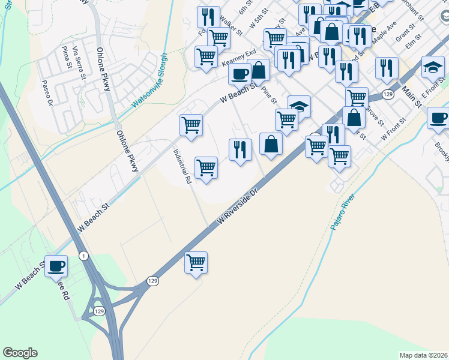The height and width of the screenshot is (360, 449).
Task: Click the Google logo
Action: coord(20,353)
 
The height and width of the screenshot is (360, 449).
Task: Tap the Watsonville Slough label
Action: coord(150,81)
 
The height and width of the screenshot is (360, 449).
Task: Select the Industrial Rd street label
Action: coord(182,166)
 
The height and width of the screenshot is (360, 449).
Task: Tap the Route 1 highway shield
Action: coord(83,256)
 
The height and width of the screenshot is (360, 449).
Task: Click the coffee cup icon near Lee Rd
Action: coord(56,266)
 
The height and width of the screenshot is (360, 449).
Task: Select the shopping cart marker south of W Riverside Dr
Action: coord(196,262)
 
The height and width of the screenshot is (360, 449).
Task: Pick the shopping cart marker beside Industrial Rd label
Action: coord(206,167)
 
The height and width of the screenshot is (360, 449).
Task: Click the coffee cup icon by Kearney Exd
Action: coord(240,74)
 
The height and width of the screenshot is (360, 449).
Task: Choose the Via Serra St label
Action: coord(79,61)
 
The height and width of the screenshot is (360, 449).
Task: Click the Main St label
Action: coord(412,95)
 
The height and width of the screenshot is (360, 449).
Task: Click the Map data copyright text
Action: coord(423,355)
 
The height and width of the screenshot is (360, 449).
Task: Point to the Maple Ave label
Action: coord(384,32)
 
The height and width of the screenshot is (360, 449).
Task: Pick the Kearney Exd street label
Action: coord(239,58)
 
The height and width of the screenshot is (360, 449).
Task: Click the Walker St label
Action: coord(231,24)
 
